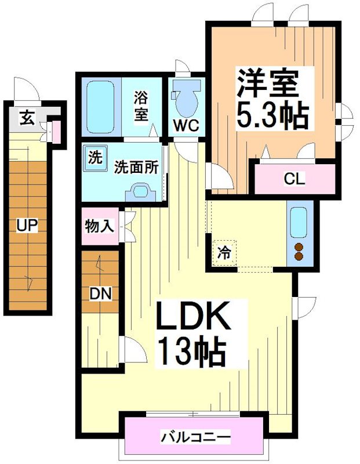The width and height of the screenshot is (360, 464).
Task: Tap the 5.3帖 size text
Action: point(271,116)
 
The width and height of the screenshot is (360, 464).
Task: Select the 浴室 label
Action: point(141,105)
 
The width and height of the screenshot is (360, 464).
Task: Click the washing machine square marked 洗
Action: point(94,157)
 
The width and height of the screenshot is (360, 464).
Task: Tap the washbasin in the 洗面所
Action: point(140,190)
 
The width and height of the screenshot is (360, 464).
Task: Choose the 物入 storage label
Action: point(100,226)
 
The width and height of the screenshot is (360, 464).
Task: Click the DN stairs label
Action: point(100,294)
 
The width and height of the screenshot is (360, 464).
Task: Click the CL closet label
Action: point(294,179)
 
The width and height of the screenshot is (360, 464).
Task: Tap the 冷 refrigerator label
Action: point(224,253)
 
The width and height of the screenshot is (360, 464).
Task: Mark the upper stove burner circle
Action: point(299,246)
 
